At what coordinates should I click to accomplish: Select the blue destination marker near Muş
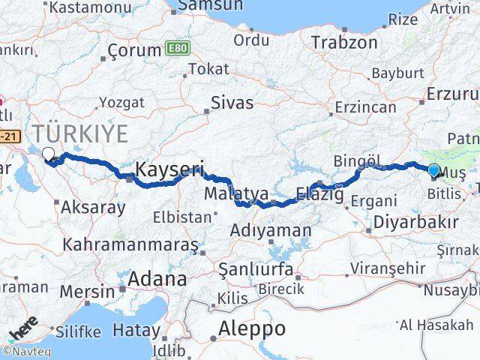(x=433, y=170)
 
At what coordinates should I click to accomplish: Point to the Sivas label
(x=232, y=103)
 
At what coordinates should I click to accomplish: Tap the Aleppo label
(x=251, y=328)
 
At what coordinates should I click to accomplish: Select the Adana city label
(x=157, y=280)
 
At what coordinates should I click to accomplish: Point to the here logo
(x=24, y=330)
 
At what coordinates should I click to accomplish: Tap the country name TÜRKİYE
(x=79, y=134)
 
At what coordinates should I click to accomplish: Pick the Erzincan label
(x=365, y=107)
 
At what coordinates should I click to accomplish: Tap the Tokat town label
(x=209, y=69)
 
